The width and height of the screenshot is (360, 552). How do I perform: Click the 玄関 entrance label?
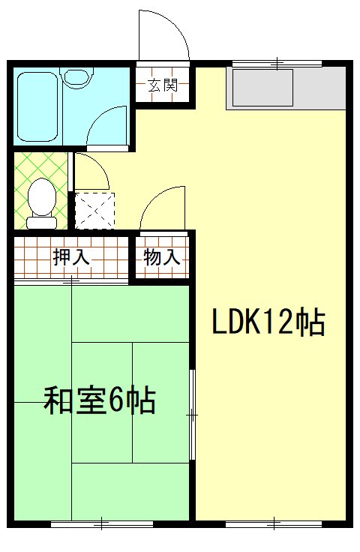pyautogui.click(x=161, y=85)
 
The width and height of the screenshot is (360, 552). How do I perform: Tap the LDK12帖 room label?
pyautogui.click(x=267, y=322)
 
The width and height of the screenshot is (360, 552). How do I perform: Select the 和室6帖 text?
pyautogui.click(x=100, y=400)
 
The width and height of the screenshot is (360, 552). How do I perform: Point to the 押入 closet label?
pyautogui.click(x=71, y=258)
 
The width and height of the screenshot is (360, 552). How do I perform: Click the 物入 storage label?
pyautogui.click(x=161, y=258)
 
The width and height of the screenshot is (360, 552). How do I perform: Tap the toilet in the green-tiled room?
pyautogui.click(x=41, y=199)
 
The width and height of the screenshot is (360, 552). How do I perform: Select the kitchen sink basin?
pyautogui.click(x=262, y=88)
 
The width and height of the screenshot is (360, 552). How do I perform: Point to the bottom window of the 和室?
pyautogui.click(x=101, y=523)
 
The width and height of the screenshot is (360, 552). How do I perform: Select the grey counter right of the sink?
pyautogui.click(x=319, y=88)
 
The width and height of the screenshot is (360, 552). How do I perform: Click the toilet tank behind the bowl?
pyautogui.click(x=41, y=222)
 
